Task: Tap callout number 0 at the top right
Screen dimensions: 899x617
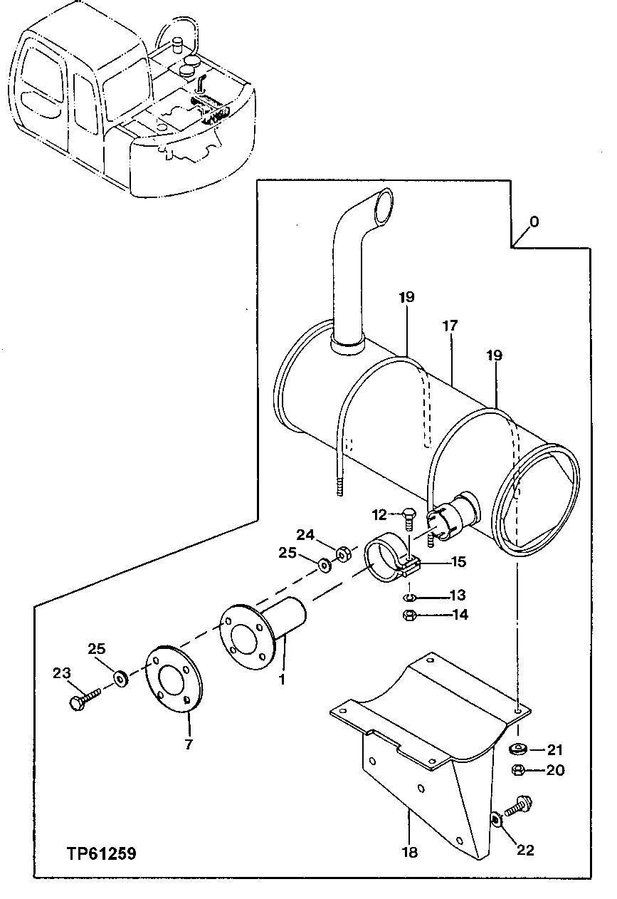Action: pos(534,222)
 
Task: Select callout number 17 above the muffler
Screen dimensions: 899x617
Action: pos(450,326)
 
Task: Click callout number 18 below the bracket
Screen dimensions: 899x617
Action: pos(410,852)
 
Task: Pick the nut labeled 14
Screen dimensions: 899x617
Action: pos(410,615)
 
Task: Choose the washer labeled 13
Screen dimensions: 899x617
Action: pos(410,596)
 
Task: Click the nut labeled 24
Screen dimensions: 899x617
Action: pos(342,553)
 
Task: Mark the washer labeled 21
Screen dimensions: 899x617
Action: pos(518,749)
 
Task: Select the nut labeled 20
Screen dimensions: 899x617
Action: pos(518,770)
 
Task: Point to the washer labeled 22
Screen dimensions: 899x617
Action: pos(497,820)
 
